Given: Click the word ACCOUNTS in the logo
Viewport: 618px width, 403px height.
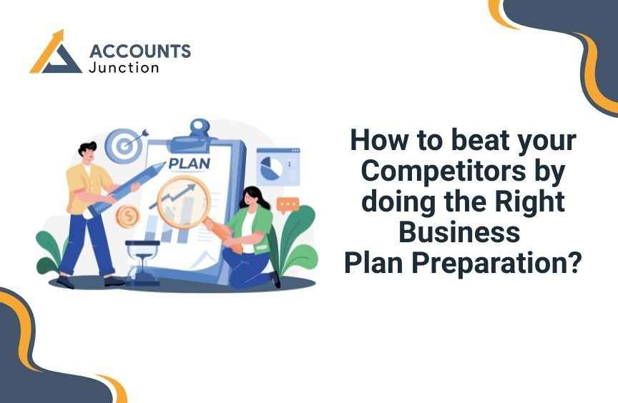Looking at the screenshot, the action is [140, 51].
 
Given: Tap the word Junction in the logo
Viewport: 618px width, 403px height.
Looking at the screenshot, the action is [124, 67].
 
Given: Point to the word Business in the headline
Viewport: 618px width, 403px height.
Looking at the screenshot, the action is [459, 232].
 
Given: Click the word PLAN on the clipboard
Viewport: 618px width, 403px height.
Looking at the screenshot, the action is [189, 164].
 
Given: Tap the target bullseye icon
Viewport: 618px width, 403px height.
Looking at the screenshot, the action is [124, 146].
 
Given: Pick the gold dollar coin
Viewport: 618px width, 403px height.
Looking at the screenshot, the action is [128, 216].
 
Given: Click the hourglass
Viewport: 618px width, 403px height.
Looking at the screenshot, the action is [142, 262].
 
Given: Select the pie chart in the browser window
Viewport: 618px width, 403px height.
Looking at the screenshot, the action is [271, 167].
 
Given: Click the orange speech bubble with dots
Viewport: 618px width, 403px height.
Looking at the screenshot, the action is [288, 205].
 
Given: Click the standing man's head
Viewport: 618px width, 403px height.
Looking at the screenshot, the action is [87, 151].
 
